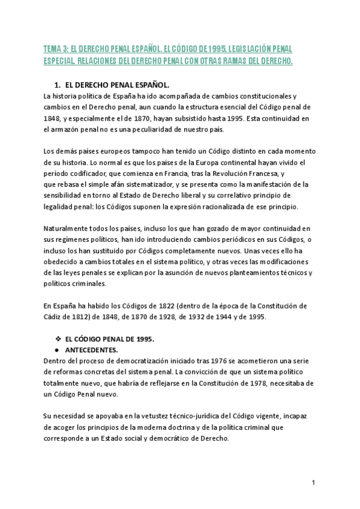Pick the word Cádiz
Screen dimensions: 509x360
pyautogui.click(x=54, y=316)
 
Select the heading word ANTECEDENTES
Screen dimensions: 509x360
pyautogui.click(x=92, y=349)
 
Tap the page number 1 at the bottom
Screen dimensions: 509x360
pyautogui.click(x=314, y=483)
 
